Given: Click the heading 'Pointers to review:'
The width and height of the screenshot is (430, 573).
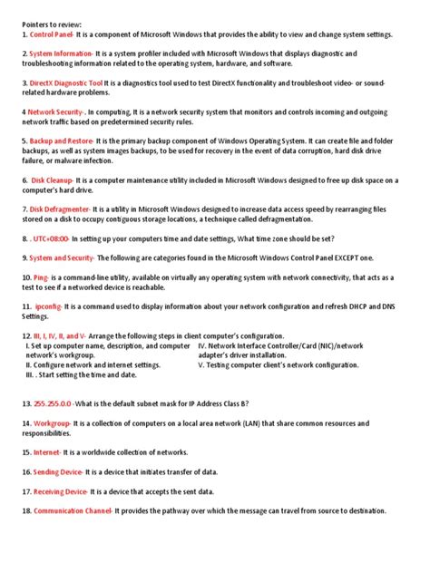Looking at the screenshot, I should point(53,22).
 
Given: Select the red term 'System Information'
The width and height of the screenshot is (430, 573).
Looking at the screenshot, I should point(61,53).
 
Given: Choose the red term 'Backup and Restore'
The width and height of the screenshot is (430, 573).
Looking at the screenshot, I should point(62,141).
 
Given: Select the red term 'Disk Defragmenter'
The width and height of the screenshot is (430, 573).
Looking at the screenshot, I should point(61,209).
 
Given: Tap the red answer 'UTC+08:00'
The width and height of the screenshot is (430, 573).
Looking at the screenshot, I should point(50,238).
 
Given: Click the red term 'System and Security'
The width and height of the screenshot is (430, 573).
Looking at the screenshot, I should point(64,258).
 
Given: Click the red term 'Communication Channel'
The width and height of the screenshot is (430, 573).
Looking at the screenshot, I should point(72,510).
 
